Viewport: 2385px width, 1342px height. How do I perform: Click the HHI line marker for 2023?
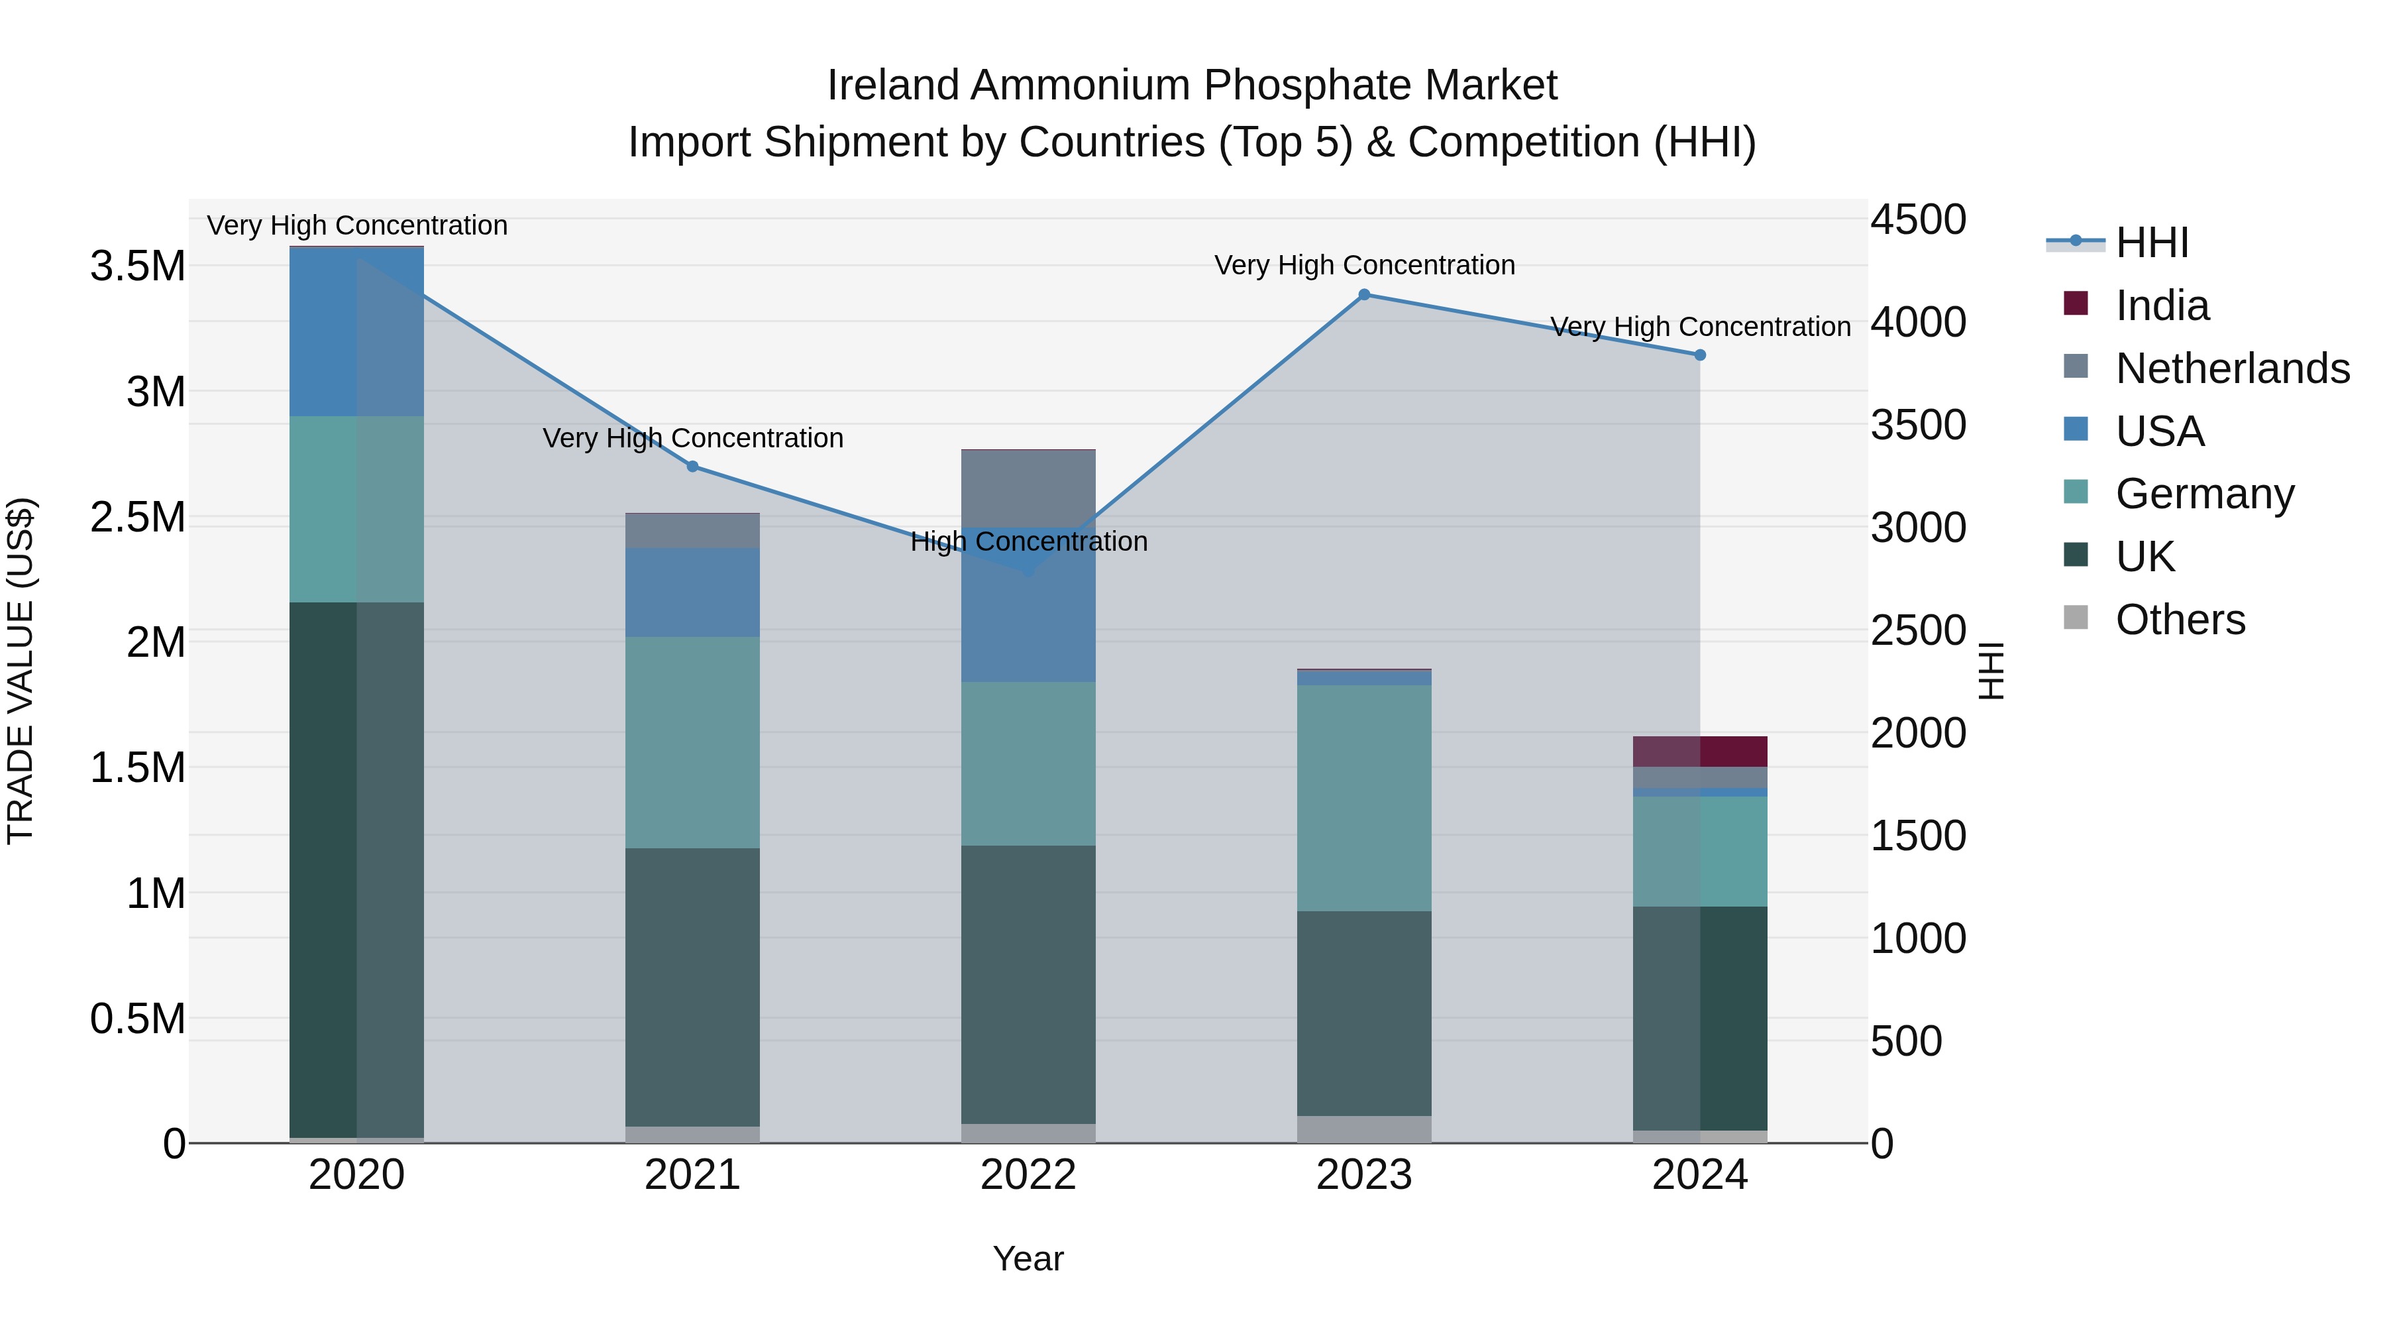tap(1364, 294)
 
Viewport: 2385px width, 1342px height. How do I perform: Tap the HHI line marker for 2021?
tap(692, 466)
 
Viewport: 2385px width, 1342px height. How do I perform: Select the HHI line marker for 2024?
tap(1700, 355)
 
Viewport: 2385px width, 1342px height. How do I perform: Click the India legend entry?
tap(2162, 306)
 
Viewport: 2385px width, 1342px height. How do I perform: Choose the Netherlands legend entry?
tap(2232, 368)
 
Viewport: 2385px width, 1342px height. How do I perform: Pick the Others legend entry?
tap(2180, 620)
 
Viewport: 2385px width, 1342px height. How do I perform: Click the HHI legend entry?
tap(2152, 243)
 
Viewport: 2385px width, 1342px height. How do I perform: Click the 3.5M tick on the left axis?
tap(138, 266)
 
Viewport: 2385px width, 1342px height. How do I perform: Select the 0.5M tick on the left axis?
tap(138, 1019)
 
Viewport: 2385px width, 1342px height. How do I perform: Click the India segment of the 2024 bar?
tap(1700, 751)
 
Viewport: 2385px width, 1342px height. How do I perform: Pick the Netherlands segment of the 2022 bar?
tap(1028, 488)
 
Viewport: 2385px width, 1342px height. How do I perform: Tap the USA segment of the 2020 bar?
tap(356, 331)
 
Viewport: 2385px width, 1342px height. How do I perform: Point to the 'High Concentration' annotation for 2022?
tap(1029, 542)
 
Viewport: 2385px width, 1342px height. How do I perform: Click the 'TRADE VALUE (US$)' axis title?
tap(21, 671)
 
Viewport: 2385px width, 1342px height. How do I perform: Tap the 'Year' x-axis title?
tap(1028, 1258)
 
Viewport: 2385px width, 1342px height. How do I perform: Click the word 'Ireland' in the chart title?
tap(892, 85)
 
